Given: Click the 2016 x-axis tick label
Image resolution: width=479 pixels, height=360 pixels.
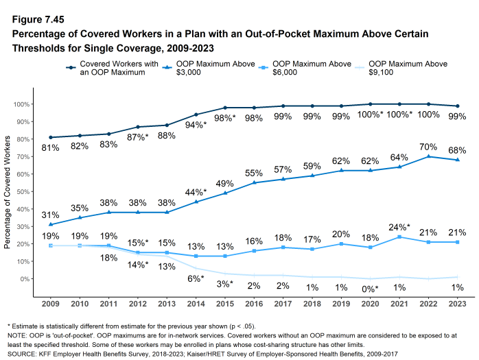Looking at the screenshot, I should point(254,302).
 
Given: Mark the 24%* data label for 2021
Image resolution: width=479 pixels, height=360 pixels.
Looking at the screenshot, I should point(399,227).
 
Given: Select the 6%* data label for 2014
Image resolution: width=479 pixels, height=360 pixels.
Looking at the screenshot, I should point(197,279).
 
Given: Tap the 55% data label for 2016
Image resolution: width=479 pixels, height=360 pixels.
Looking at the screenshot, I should point(253,173).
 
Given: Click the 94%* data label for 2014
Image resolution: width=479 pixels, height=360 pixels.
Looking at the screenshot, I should point(197,125).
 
